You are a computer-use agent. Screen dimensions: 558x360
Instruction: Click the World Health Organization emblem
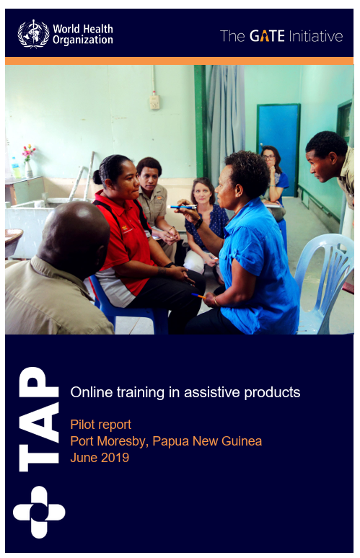tap(32, 33)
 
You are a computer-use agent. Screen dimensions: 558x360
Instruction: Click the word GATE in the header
tap(267, 36)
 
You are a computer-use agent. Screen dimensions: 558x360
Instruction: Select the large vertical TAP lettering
tap(38, 419)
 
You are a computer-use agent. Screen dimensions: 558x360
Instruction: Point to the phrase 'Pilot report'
tap(100, 424)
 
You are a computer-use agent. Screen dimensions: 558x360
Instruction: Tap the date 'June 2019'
tap(100, 457)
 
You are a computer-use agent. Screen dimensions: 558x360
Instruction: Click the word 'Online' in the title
tap(89, 393)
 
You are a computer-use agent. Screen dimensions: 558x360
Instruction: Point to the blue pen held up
tap(184, 208)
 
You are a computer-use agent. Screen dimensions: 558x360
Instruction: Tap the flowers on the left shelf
tap(28, 152)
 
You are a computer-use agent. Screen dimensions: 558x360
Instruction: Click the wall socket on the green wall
tap(154, 101)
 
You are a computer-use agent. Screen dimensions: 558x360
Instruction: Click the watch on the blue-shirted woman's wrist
tap(198, 221)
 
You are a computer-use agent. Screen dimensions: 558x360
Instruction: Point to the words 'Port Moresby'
tap(105, 440)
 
